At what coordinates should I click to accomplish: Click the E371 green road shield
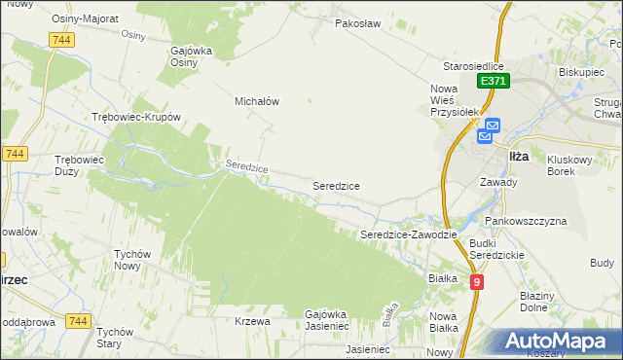point(493,83)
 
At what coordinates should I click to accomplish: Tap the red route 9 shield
point(476,282)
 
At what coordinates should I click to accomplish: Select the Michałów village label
point(257,100)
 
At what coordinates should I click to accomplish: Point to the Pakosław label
point(355,22)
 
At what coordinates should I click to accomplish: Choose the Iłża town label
point(519,156)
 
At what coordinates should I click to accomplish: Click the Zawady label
point(498,182)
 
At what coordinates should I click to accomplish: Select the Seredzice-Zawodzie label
point(409,234)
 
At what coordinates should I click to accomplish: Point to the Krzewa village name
point(252,320)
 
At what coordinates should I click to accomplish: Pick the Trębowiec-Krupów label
point(136,117)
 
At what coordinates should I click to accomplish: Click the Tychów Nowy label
point(133,260)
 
